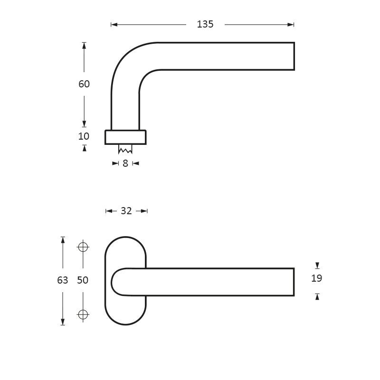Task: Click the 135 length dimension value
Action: [205, 25]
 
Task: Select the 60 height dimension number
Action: [84, 84]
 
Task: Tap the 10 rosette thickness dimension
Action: [84, 136]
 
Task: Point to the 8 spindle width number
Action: [125, 163]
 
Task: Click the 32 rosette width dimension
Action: [126, 211]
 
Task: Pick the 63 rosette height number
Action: [63, 280]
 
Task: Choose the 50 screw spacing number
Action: [83, 280]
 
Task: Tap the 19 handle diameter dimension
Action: [317, 278]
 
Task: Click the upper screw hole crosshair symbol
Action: [83, 247]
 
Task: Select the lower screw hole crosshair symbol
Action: [83, 314]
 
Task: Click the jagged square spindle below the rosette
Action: [125, 149]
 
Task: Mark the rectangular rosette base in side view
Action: [125, 137]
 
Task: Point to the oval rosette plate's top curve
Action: [125, 238]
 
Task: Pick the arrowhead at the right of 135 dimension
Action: [292, 25]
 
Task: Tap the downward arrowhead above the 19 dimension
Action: [317, 266]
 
